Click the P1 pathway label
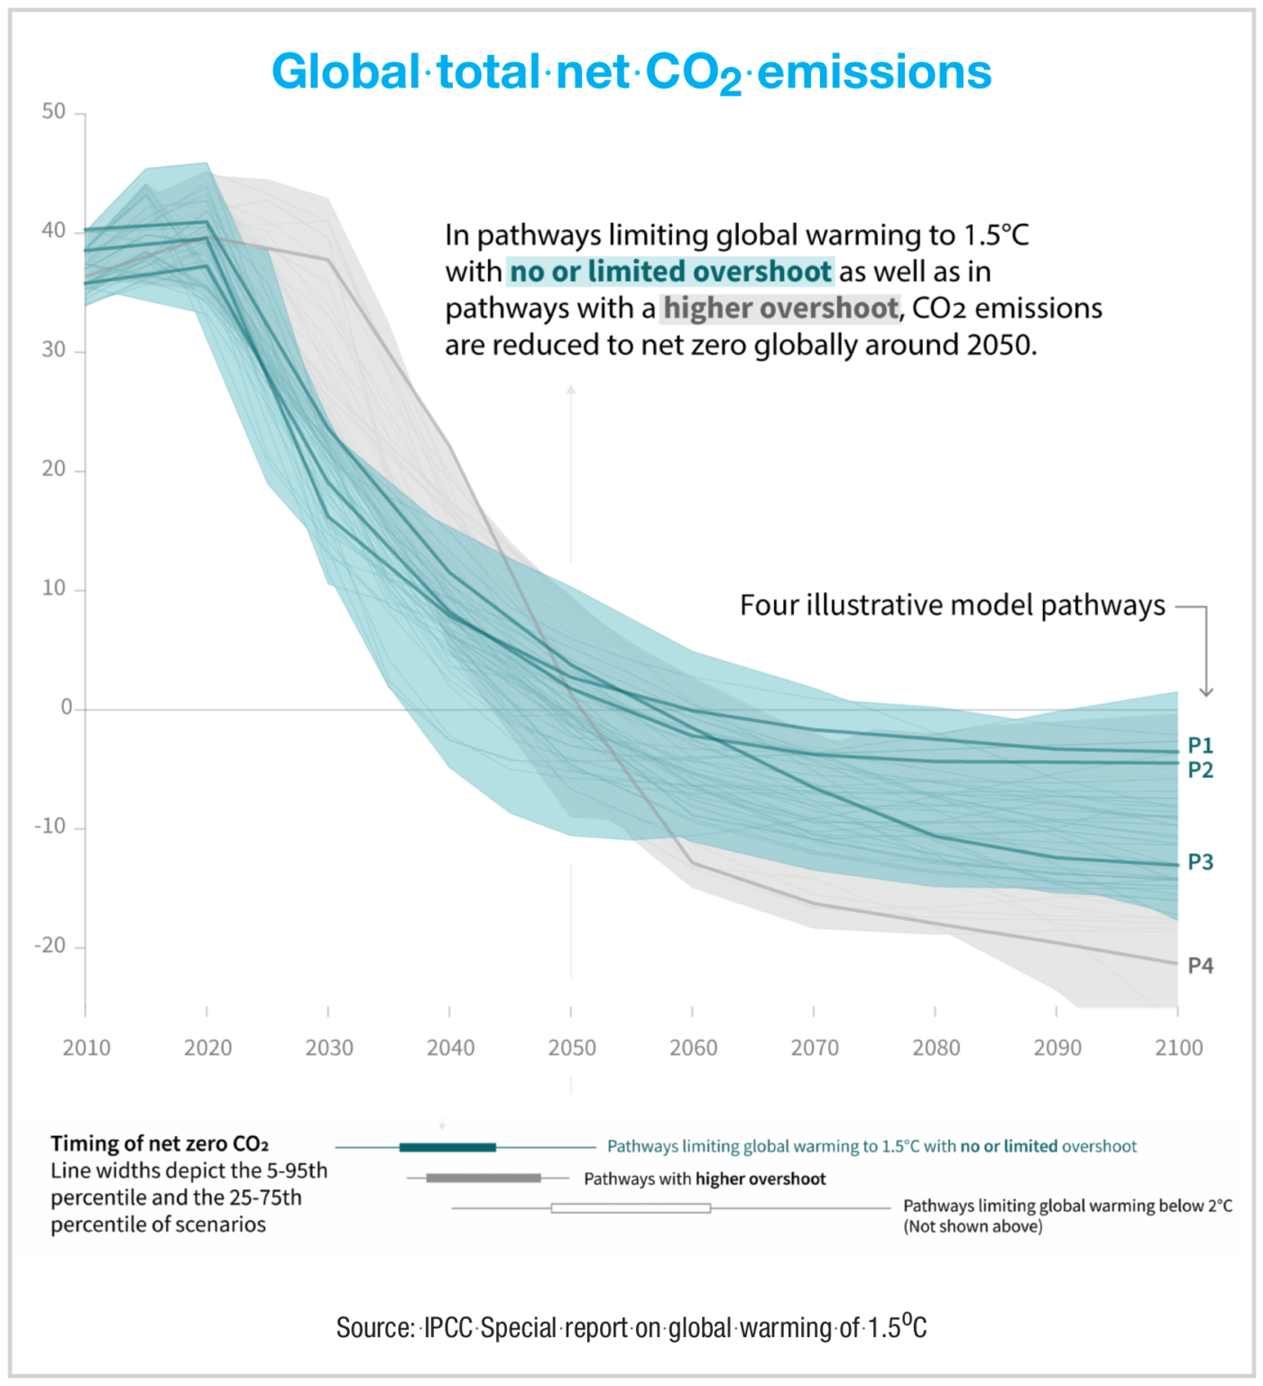1200,745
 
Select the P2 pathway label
1200,770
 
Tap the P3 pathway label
1200,862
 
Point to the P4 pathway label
1200,966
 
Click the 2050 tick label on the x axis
572,1048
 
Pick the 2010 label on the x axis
87,1048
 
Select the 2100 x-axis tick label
1178,1048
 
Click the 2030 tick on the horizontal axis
329,1048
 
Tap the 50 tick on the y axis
54,112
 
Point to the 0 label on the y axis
67,708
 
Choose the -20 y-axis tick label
51,946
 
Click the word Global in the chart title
346,71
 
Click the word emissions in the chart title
874,71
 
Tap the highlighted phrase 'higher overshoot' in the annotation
781,309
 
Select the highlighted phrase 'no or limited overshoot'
670,272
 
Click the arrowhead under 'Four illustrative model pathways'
1206,692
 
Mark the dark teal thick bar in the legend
447,1148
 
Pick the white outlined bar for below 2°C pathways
631,1207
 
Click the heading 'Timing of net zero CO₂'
160,1144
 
